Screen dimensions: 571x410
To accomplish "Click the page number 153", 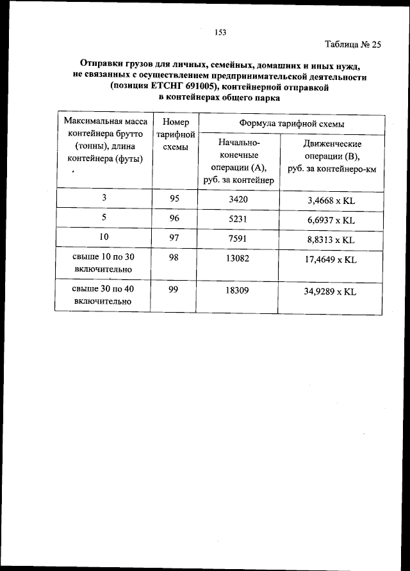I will pos(221,31).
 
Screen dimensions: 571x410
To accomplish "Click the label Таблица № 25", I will pos(353,45).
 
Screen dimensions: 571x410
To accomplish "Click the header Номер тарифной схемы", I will pos(176,134).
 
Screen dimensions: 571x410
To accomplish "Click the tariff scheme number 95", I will pos(174,199).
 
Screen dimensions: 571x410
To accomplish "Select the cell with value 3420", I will pos(238,199).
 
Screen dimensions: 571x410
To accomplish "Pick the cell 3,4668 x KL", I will pos(331,200).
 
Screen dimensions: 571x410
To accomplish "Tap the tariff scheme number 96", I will pos(174,219).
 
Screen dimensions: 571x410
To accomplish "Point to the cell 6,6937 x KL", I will pos(331,220).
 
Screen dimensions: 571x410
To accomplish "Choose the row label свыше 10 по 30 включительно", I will pos(103,264).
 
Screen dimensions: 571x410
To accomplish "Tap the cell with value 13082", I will pos(238,259).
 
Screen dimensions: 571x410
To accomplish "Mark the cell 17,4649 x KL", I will pos(331,260).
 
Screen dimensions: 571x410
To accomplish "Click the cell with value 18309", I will pos(238,290).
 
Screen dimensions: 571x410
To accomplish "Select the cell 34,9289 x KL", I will pos(331,291).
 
